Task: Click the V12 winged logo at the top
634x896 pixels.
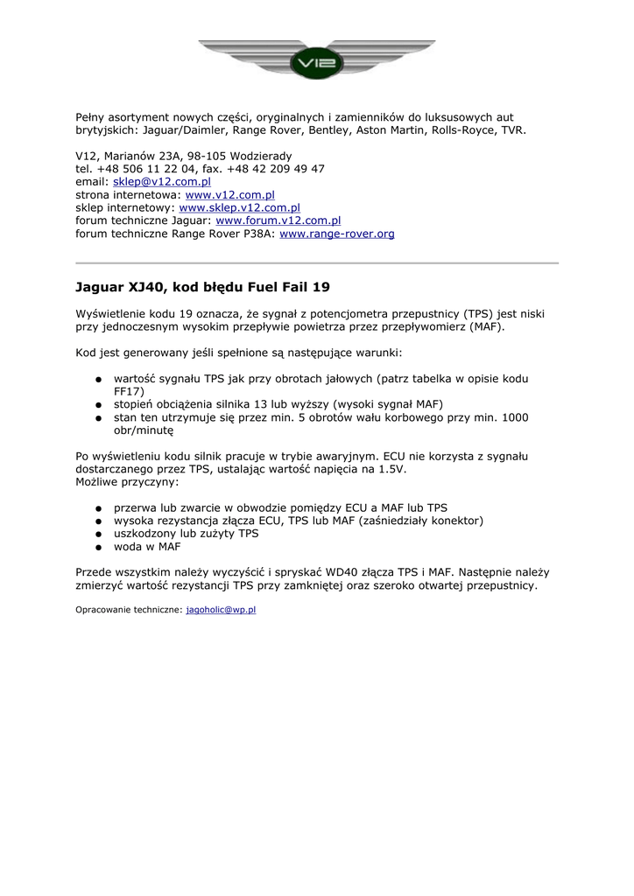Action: click(x=317, y=59)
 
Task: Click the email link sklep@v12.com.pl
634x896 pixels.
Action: click(x=162, y=182)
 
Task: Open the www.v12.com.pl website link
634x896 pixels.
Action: click(x=230, y=195)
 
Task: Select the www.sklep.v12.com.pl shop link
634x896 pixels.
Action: click(x=239, y=208)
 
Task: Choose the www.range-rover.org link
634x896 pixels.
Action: click(x=336, y=234)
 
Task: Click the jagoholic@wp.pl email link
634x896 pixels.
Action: click(x=221, y=609)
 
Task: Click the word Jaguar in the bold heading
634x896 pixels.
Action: click(x=99, y=287)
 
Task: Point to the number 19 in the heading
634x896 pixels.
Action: click(x=321, y=287)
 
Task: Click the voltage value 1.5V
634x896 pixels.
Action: click(x=392, y=469)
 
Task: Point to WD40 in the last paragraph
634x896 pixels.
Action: click(x=379, y=571)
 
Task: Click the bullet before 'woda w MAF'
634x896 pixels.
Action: click(x=100, y=547)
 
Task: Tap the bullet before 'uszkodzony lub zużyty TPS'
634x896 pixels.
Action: click(x=100, y=534)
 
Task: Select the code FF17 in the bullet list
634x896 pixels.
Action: click(x=129, y=391)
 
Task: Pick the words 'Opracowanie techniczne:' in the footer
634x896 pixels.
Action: click(x=129, y=609)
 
